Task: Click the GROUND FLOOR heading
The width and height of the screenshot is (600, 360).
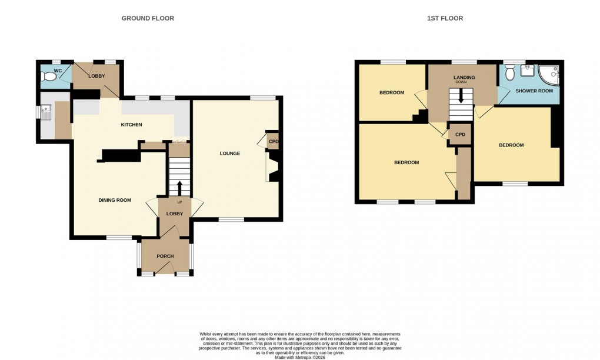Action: tap(148, 18)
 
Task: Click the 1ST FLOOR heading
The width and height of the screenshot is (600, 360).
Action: tap(445, 18)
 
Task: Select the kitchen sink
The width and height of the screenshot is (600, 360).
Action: tap(46, 111)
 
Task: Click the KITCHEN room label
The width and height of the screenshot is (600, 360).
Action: tap(131, 125)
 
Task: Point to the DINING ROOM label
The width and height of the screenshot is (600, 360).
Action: tap(114, 200)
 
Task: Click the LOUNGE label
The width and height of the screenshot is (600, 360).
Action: tap(229, 154)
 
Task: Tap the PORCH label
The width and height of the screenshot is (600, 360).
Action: tap(165, 256)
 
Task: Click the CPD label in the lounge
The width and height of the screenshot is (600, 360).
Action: tap(273, 141)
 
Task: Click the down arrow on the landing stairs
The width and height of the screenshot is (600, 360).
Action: tap(461, 96)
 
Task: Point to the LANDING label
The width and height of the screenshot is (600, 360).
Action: tap(464, 77)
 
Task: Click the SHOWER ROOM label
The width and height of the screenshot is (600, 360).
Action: tap(534, 91)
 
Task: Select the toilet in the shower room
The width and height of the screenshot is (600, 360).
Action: tap(509, 73)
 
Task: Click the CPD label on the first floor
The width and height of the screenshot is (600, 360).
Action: tap(460, 135)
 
